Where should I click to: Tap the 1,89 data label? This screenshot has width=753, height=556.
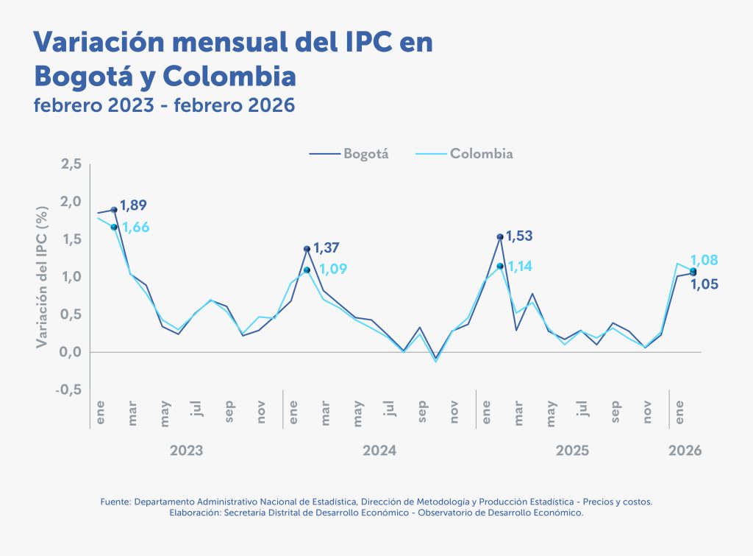pyautogui.click(x=135, y=205)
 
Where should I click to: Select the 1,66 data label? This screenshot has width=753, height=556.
pyautogui.click(x=135, y=228)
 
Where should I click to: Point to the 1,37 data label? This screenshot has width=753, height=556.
pyautogui.click(x=326, y=248)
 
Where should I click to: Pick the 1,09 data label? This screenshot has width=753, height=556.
pyautogui.click(x=332, y=270)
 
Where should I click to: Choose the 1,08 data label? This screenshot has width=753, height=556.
pyautogui.click(x=704, y=260)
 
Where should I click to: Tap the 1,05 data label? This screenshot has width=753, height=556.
pyautogui.click(x=704, y=284)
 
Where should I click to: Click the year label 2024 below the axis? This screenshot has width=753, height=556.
pyautogui.click(x=379, y=450)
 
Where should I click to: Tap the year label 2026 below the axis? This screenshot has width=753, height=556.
pyautogui.click(x=685, y=450)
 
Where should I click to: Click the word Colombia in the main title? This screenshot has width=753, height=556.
pyautogui.click(x=229, y=75)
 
